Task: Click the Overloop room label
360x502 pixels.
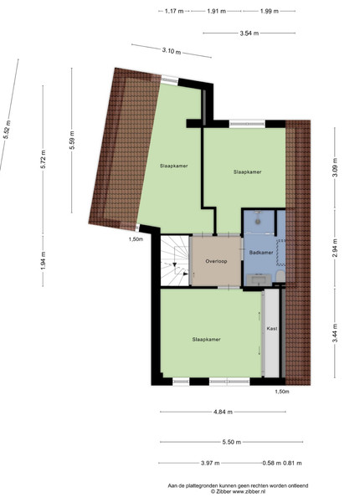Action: point(216,261)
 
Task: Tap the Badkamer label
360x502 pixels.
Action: point(261,253)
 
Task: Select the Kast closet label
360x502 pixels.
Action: point(272,329)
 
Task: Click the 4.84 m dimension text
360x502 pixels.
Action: point(223,412)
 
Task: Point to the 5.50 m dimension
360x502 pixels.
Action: point(232,442)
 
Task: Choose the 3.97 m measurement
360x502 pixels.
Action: point(210,463)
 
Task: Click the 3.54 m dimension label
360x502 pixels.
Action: point(249,33)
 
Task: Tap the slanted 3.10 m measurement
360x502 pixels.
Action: point(172,50)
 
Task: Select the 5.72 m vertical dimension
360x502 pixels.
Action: point(44,159)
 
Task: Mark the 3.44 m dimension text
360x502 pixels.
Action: point(335,333)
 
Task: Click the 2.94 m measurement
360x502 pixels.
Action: point(335,248)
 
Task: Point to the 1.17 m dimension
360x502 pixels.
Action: point(174,11)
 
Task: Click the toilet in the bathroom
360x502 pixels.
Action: point(280,276)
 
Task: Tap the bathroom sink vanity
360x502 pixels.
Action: point(259,279)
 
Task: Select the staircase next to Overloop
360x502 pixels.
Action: point(175,260)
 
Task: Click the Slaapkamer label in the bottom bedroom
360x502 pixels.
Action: point(207,340)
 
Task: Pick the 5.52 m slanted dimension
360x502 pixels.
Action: point(7,130)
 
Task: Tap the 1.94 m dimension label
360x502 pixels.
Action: point(44,260)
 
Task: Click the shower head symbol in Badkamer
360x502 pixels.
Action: point(257,219)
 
